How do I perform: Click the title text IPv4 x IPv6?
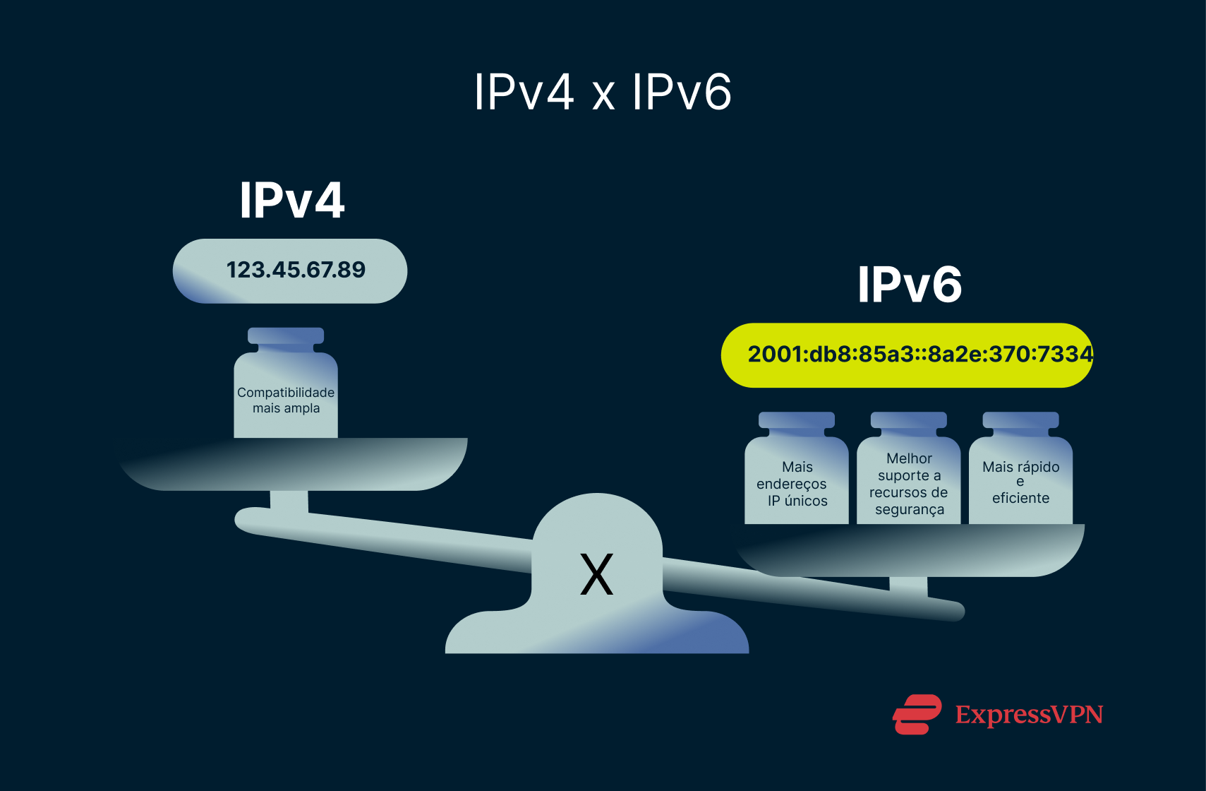pos(603,92)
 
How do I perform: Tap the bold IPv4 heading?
pos(291,201)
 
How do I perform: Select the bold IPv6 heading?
pos(910,285)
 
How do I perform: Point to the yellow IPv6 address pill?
pos(907,355)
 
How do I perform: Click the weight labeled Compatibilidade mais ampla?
pos(286,395)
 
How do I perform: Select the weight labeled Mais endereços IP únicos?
pos(797,480)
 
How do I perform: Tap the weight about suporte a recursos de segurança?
pos(909,480)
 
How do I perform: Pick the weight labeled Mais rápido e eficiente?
pos(1020,480)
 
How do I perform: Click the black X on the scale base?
pos(596,574)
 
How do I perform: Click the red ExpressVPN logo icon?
pos(917,714)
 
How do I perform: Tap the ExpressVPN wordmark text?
pos(1029,715)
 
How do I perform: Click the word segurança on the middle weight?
pos(910,509)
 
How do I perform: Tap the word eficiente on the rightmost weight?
pos(1020,498)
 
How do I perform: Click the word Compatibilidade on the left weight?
pos(286,392)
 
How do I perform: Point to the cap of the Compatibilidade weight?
pos(286,336)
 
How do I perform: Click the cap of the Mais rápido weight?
pos(1020,420)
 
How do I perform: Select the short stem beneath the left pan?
pos(289,501)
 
